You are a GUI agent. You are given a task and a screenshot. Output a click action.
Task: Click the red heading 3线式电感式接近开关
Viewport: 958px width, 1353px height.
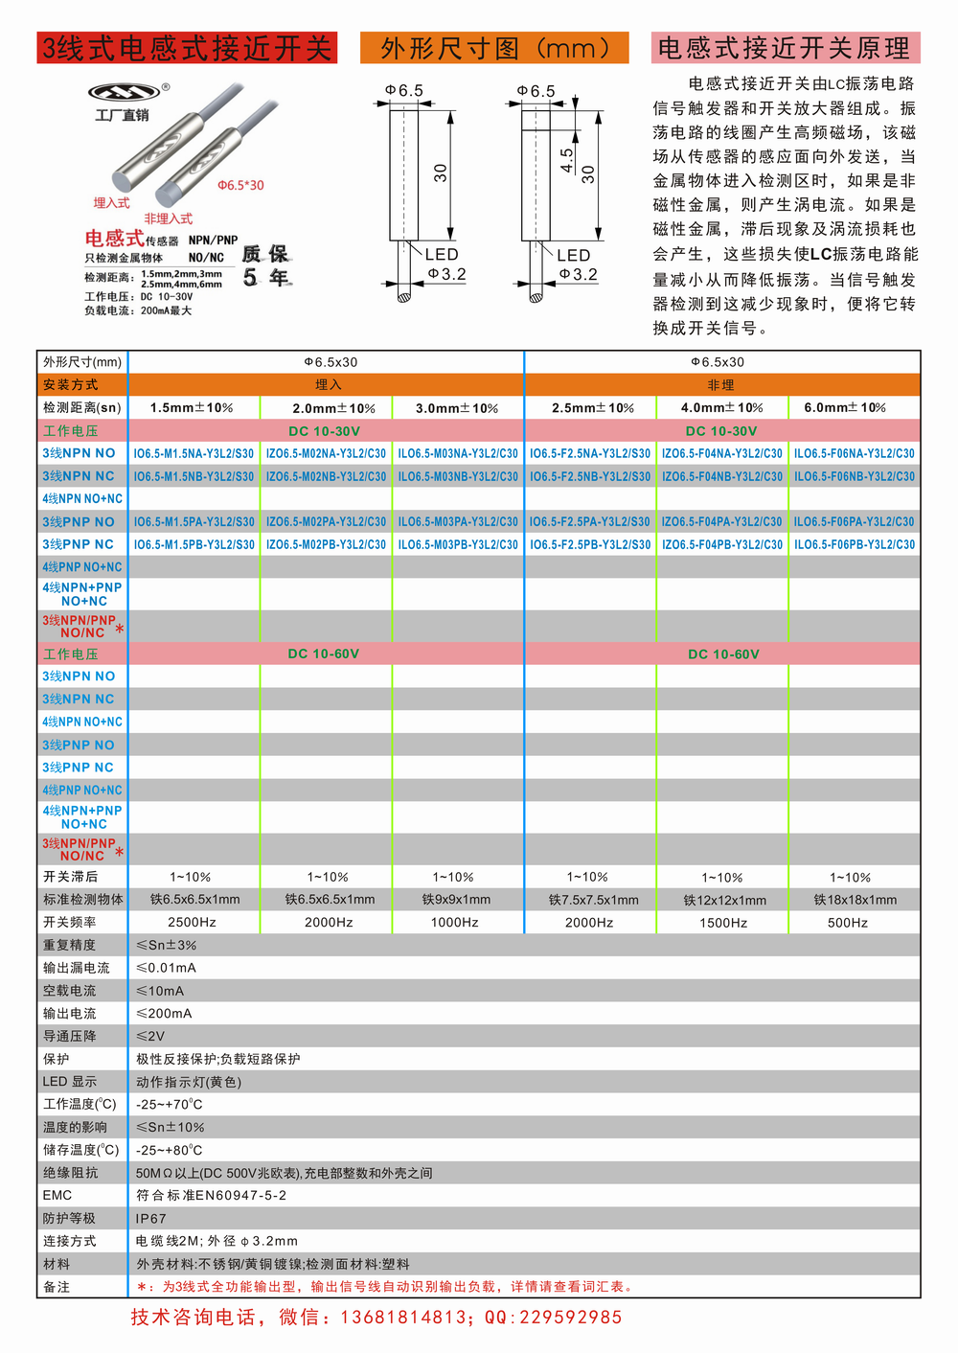click(187, 48)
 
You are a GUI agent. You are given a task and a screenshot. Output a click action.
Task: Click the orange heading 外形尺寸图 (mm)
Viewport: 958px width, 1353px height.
click(494, 48)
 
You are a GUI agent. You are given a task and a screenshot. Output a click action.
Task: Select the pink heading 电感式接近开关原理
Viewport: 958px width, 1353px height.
click(785, 48)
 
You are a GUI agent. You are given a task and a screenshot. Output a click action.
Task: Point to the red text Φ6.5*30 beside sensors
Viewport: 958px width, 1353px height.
click(240, 185)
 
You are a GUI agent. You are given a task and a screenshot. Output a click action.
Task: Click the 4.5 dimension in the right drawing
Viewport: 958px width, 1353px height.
click(567, 159)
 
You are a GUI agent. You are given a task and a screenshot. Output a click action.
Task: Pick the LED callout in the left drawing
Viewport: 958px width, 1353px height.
click(442, 254)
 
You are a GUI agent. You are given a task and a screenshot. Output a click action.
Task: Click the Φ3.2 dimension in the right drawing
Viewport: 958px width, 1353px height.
click(579, 275)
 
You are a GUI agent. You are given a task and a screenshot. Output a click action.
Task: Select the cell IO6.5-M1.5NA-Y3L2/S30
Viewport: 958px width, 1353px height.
click(194, 453)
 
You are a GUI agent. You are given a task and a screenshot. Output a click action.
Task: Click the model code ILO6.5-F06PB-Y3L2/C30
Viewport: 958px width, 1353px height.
click(854, 544)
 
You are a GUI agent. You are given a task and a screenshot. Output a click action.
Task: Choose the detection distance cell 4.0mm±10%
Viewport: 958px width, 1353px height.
click(721, 408)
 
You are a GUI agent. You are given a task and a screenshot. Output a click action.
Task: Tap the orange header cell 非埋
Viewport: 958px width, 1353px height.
click(721, 385)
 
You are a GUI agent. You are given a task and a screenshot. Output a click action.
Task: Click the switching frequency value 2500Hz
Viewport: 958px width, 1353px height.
click(192, 923)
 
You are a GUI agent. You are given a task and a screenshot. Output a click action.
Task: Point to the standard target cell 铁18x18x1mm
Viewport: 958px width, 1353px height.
click(855, 900)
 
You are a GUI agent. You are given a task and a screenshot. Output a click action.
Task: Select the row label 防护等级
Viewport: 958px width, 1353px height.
click(69, 1218)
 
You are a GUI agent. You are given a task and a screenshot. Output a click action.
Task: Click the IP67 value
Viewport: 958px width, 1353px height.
click(151, 1219)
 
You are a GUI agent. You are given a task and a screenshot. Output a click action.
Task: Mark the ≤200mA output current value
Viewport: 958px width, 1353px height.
click(164, 1014)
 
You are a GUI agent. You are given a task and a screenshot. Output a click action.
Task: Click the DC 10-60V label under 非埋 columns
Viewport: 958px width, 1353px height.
click(723, 654)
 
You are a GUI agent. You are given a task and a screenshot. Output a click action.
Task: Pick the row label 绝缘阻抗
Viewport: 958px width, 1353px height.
click(70, 1173)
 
